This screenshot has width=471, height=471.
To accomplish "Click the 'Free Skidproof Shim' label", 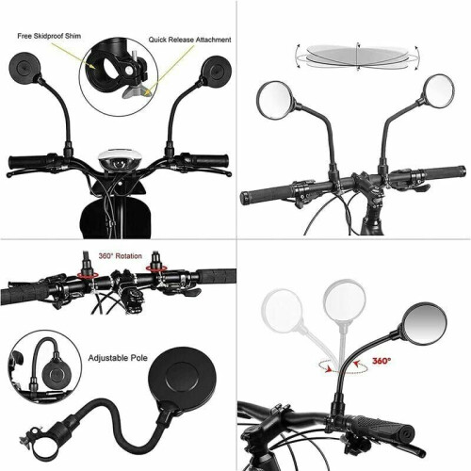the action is click(49, 36).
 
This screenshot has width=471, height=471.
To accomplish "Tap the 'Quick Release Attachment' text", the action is click(189, 40).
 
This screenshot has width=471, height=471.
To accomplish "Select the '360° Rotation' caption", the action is click(121, 256).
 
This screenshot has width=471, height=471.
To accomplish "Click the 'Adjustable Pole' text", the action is click(118, 358).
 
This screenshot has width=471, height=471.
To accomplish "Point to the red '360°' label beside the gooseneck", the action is click(382, 361).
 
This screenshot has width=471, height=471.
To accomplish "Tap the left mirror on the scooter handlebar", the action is click(24, 68).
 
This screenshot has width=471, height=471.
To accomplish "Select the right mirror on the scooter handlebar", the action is click(217, 72).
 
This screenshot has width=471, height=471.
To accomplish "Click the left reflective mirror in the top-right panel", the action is click(275, 100).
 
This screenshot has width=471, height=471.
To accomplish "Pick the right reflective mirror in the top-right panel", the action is click(439, 90).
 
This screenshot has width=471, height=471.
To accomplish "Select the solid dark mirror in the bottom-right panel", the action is click(426, 324).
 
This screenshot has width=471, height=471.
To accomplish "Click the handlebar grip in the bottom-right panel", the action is click(379, 425).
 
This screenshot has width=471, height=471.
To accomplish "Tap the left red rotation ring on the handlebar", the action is click(88, 275).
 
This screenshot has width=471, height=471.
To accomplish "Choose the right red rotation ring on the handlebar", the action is click(156, 268).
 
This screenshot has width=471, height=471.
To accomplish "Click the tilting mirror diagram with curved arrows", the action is click(357, 57).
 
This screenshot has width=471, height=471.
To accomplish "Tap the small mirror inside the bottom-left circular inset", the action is click(55, 375).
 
